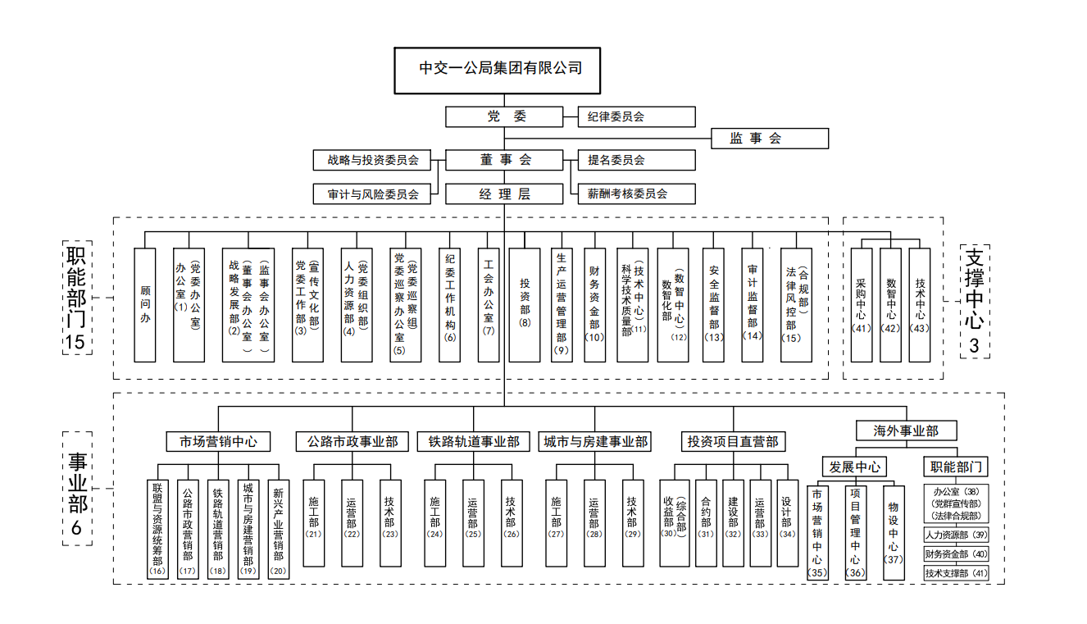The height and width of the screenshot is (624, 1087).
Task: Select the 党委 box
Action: point(505,116)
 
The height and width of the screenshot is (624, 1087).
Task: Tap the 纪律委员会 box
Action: point(636,116)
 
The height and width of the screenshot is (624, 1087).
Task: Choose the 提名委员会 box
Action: point(636,160)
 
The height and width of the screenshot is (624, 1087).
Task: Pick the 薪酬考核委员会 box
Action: point(636,194)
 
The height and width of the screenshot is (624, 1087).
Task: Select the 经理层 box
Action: point(505,194)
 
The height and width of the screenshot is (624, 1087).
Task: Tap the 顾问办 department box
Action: point(145,305)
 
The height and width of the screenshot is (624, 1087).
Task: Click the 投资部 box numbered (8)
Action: point(525,305)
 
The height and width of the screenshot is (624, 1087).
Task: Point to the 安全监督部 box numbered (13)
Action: point(714,305)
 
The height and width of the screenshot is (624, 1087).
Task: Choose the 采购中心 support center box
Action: point(861,305)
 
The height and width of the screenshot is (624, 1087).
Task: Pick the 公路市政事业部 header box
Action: point(352,442)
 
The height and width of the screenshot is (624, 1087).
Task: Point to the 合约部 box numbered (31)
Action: point(706,523)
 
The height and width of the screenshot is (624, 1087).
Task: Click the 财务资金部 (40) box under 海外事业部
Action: point(956,554)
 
